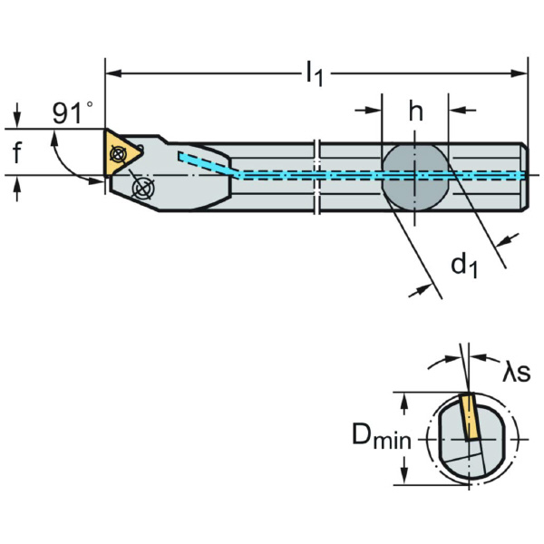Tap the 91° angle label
point(73,114)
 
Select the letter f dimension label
point(17,153)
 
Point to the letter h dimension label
point(415,112)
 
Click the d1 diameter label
point(464,265)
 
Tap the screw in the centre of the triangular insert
point(119,154)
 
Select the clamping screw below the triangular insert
point(143,189)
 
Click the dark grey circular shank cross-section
point(415,174)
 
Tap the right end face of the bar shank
point(525,174)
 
